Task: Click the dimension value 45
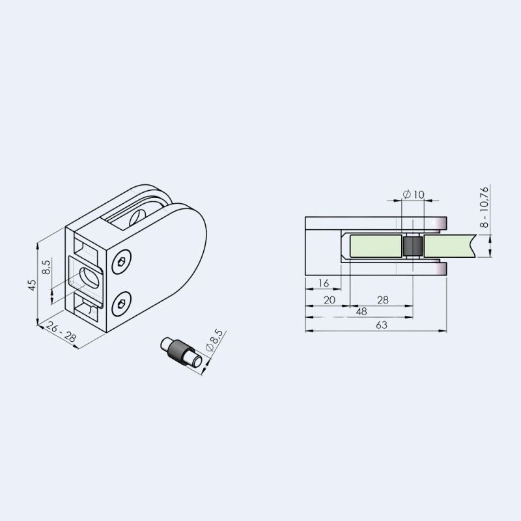click(32, 285)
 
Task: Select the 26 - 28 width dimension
click(61, 332)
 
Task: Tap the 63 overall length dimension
click(382, 324)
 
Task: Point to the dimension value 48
click(361, 311)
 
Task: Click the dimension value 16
click(323, 283)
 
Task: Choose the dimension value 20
click(330, 300)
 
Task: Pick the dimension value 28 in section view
click(383, 300)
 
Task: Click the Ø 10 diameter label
click(414, 194)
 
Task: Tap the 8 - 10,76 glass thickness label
click(485, 207)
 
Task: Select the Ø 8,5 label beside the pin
click(214, 341)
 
